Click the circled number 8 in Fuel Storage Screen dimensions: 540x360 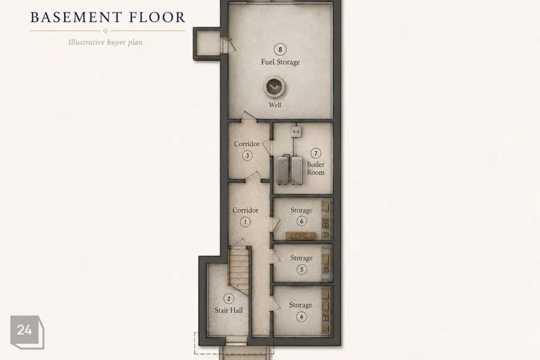(280, 49)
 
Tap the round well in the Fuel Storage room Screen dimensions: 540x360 (275, 87)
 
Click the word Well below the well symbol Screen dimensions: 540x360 (275, 105)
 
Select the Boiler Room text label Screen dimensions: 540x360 (316, 168)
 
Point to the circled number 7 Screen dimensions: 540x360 (316, 154)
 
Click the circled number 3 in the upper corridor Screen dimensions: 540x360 (247, 156)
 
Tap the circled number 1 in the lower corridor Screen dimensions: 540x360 (245, 222)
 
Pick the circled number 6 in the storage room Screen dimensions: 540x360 (301, 221)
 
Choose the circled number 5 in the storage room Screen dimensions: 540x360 (301, 269)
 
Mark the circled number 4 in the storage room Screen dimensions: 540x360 (301, 317)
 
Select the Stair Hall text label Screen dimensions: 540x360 (229, 310)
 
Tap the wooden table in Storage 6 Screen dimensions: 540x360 (301, 236)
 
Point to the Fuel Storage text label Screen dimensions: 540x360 (280, 62)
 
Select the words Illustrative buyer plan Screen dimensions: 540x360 (105, 42)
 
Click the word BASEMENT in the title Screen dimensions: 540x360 (76, 17)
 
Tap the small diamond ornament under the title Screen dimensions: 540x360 (105, 31)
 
